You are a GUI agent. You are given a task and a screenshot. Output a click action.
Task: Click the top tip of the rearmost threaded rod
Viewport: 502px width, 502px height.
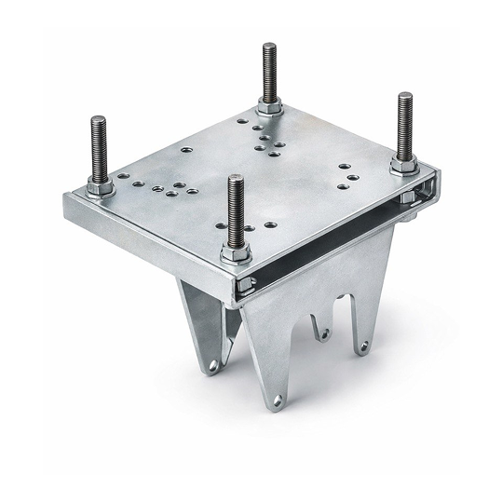[269, 46]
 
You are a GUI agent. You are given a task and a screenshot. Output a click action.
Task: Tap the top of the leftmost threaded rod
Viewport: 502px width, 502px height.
[98, 118]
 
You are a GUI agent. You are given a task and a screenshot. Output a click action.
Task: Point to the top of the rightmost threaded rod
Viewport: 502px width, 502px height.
[405, 95]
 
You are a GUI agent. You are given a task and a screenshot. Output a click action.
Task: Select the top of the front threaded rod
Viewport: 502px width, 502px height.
[235, 178]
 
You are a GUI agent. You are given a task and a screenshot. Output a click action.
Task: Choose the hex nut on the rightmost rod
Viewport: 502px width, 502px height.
[403, 165]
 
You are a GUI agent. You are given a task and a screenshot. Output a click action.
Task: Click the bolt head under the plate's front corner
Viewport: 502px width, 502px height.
[244, 285]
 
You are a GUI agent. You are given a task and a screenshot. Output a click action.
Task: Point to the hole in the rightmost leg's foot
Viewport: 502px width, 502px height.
[362, 346]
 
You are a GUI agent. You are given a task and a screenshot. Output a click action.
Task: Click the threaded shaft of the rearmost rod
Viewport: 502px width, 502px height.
[269, 75]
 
